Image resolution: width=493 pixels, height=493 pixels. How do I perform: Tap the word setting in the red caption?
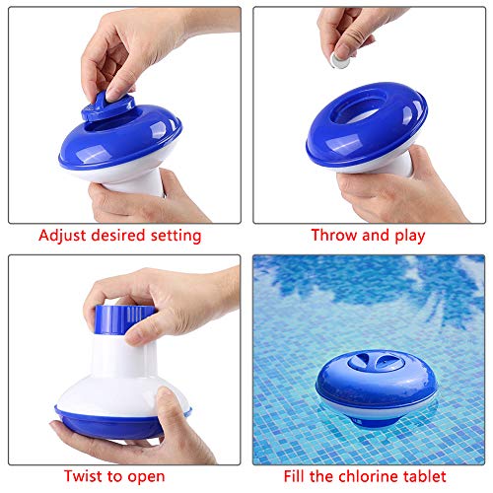point(176,237)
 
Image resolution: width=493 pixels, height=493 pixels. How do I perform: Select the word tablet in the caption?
point(425,476)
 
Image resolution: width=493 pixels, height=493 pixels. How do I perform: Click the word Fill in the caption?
point(294,476)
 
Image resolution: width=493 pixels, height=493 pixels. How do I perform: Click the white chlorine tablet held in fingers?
point(339,60)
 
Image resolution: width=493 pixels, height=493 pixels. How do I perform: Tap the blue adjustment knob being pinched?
point(107,106)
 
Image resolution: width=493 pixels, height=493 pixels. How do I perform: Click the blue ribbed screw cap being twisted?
point(124,319)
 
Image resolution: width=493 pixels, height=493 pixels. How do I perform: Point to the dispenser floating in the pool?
point(377,387)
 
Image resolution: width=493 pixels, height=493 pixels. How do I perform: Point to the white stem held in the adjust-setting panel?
point(138,184)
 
